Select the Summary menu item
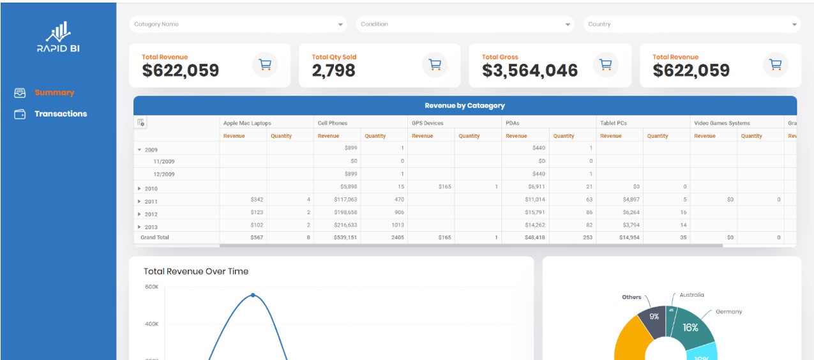tap(54, 93)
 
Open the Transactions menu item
tap(61, 114)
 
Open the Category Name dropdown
tap(238, 24)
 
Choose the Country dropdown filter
tap(691, 24)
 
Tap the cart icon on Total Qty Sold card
tap(435, 64)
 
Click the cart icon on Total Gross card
tap(606, 64)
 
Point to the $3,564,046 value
tap(530, 71)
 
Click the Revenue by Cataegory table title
tap(465, 106)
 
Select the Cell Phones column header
tap(332, 123)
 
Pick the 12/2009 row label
tap(163, 174)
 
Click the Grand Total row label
tap(155, 237)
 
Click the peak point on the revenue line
tap(253, 295)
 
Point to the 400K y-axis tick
tap(151, 324)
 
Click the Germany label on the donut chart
tap(728, 312)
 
